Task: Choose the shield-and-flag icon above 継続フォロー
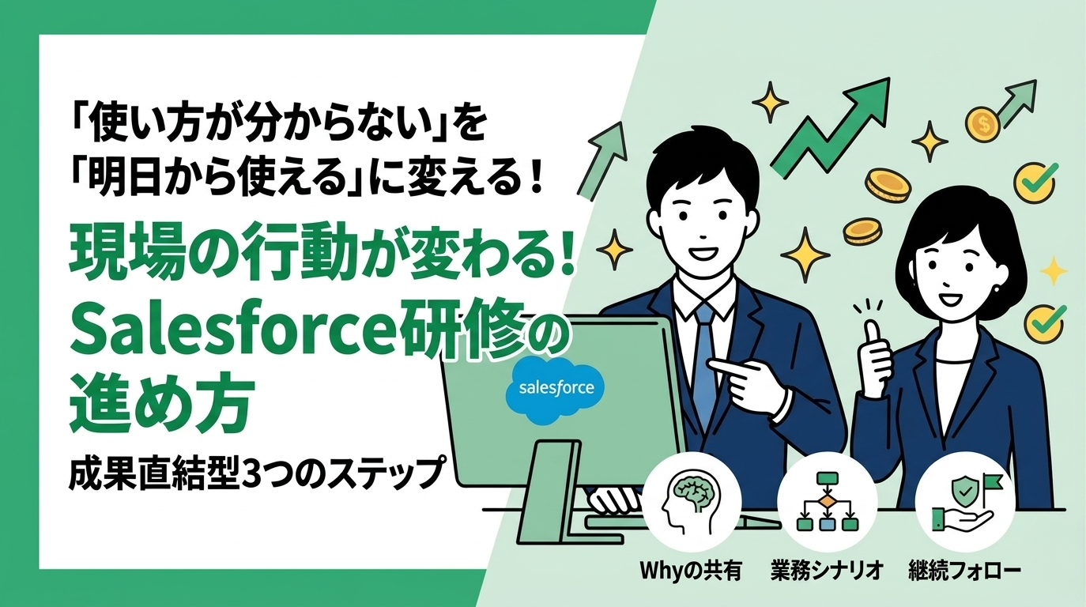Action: click(963, 499)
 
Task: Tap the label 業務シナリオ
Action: click(826, 571)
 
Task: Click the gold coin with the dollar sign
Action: click(985, 124)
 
